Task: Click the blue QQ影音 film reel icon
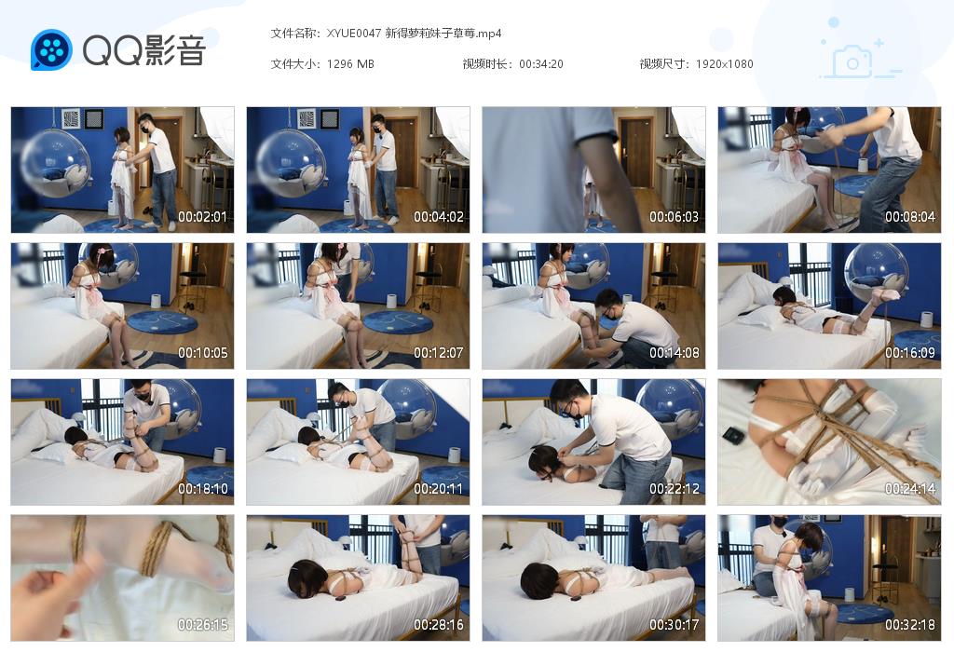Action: tap(51, 50)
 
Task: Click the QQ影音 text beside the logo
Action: tap(143, 50)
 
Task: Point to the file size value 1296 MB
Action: tap(350, 64)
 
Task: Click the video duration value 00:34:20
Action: tap(540, 64)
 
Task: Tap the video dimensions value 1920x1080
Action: tap(724, 64)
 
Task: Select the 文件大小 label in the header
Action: tap(295, 64)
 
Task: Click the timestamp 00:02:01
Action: tap(203, 218)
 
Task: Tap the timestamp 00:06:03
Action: tap(674, 218)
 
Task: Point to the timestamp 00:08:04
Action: tap(909, 218)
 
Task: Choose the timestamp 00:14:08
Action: tap(674, 354)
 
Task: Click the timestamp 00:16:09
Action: tap(909, 354)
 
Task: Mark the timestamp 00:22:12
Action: tap(674, 489)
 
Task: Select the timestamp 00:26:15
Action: tap(203, 625)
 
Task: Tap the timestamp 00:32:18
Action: tap(909, 625)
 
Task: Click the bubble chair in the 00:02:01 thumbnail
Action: tap(57, 164)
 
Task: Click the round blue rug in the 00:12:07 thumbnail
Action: tap(398, 321)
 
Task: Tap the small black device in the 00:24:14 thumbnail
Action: tap(734, 435)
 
